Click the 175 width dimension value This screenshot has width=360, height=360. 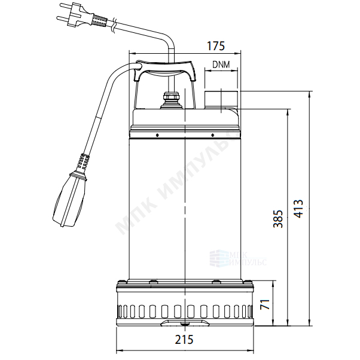(x=216, y=46)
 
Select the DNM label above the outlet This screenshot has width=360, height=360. (x=221, y=65)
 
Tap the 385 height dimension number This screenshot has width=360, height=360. (x=278, y=219)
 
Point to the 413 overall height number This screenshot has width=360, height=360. (x=298, y=209)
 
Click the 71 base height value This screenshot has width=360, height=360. (x=265, y=304)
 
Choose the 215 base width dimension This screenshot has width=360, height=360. (x=184, y=340)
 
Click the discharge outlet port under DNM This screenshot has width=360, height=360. (x=221, y=99)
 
